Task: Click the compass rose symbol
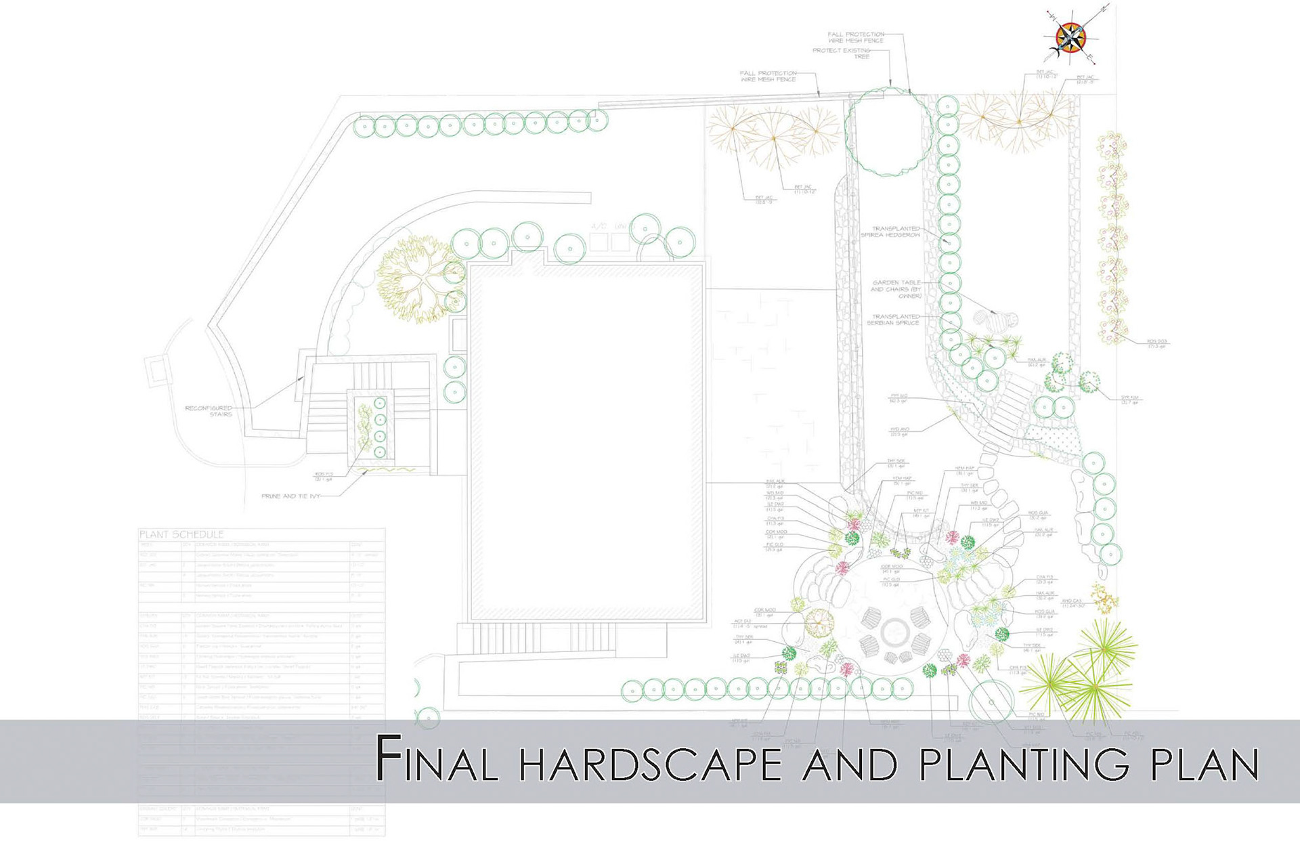[1070, 37]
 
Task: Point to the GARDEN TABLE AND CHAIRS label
[896, 289]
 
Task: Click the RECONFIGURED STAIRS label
[209, 411]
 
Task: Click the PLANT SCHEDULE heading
[181, 534]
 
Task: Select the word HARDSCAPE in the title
[650, 763]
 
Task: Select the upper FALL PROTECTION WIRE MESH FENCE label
[856, 37]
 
